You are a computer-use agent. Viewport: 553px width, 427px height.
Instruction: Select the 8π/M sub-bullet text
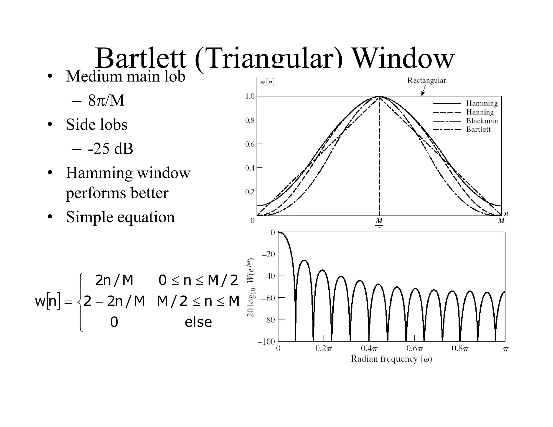click(106, 101)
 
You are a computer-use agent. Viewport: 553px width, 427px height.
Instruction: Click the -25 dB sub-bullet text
click(110, 149)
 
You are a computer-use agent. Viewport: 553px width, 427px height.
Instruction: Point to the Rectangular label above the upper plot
click(427, 80)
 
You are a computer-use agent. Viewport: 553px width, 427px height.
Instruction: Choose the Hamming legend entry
click(482, 103)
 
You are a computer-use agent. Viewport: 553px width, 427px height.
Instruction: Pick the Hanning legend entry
click(480, 112)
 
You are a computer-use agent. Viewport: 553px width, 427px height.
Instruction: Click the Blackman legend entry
click(482, 121)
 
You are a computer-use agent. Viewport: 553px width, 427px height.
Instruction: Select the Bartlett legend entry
click(478, 129)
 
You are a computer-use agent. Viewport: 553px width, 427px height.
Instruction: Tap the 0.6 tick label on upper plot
click(250, 144)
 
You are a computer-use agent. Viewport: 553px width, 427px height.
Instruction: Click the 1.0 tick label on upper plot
click(250, 96)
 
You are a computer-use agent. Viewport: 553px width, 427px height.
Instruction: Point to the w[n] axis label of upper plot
click(267, 82)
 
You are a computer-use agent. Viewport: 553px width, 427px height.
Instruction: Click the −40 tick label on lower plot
click(268, 276)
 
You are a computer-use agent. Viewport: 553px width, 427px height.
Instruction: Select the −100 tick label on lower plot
click(266, 342)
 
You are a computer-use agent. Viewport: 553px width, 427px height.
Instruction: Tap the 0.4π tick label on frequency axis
click(369, 349)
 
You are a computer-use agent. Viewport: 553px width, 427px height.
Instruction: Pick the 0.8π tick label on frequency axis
click(460, 349)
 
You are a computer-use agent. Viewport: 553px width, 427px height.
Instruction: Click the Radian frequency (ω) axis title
click(391, 359)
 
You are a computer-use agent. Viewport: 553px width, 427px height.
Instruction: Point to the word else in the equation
click(198, 322)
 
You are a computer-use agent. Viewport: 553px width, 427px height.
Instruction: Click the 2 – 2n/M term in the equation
click(114, 301)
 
